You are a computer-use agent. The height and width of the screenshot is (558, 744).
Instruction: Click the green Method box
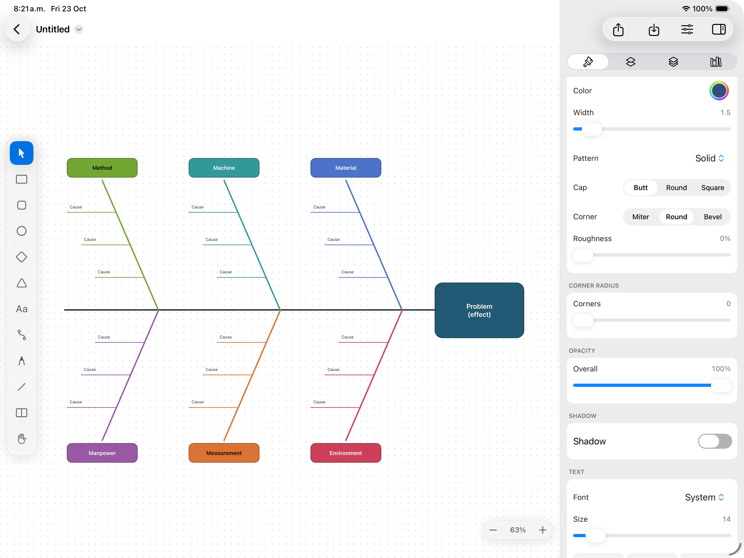[102, 168]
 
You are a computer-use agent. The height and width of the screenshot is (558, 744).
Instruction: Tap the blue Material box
[346, 168]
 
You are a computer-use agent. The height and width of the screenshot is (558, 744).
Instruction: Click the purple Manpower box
[102, 453]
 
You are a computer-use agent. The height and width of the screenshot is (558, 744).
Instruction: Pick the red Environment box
[346, 453]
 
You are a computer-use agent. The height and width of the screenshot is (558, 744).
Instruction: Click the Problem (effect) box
[479, 310]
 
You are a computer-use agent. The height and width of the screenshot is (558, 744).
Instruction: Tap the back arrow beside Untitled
[17, 29]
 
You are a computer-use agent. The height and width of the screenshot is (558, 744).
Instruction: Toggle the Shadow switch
[715, 441]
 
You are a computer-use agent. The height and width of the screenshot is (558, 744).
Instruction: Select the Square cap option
[712, 187]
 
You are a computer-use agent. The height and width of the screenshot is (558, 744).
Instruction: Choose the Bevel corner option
[712, 217]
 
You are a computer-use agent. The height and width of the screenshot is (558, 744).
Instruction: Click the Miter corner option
[640, 217]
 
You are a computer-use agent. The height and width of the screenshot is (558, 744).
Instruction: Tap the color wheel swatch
[719, 91]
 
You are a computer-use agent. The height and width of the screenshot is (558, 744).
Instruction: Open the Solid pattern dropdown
[709, 158]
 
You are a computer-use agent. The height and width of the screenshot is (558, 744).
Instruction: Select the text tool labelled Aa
[22, 309]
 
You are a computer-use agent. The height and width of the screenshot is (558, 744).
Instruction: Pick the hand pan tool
[22, 439]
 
